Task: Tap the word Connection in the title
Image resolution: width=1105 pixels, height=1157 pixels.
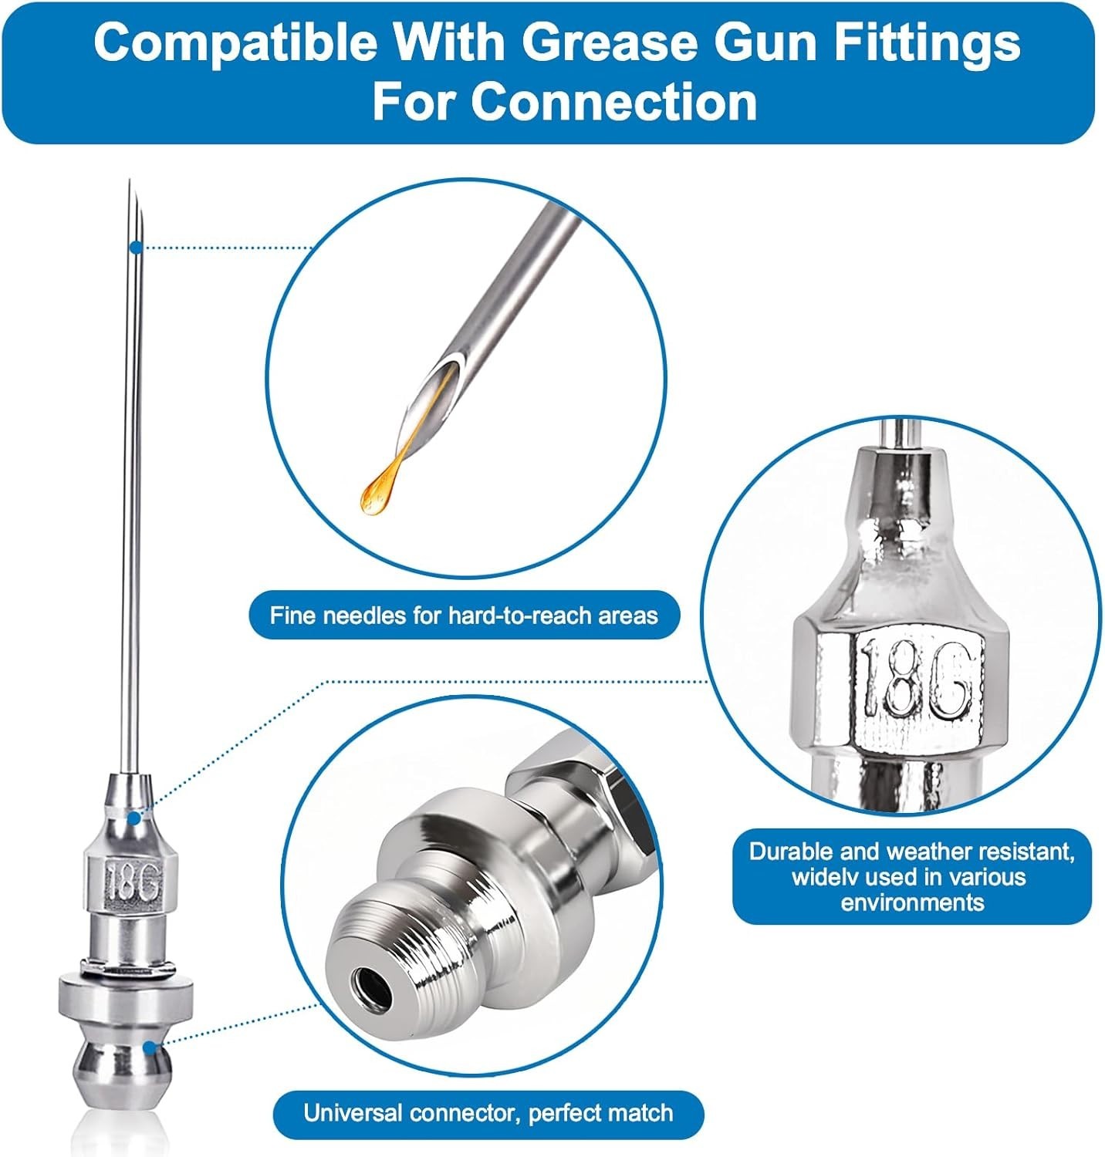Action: [613, 102]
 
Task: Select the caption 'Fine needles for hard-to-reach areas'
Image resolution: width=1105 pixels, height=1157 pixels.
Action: [464, 616]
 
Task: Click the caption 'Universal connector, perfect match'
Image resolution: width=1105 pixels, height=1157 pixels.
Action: [488, 1113]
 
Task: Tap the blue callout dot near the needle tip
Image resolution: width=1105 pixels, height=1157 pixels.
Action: [136, 247]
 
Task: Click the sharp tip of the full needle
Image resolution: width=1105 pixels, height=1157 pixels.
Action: [130, 180]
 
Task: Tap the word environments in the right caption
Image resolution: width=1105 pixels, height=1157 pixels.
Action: [913, 902]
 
